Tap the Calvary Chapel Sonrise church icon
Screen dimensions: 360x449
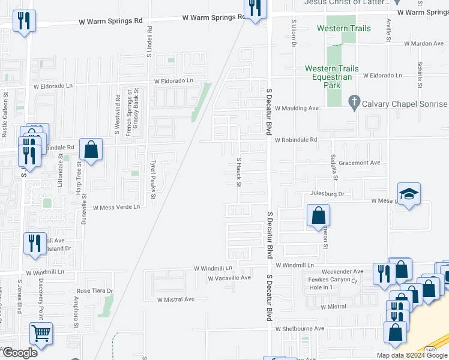coord(354,103)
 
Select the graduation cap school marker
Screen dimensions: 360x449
coord(408,194)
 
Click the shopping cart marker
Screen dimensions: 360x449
coord(41,333)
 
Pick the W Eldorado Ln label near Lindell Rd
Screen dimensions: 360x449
coord(173,81)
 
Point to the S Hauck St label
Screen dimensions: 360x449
coord(238,172)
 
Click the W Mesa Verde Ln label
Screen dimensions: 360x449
coord(116,207)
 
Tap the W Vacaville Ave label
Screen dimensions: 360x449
coord(229,278)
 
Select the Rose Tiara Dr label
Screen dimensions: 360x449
coord(95,291)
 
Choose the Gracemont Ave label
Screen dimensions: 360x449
coord(360,163)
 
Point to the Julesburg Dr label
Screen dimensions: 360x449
coord(327,194)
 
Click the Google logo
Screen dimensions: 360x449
coord(19,353)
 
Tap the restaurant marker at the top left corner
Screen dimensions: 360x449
coord(24,22)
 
